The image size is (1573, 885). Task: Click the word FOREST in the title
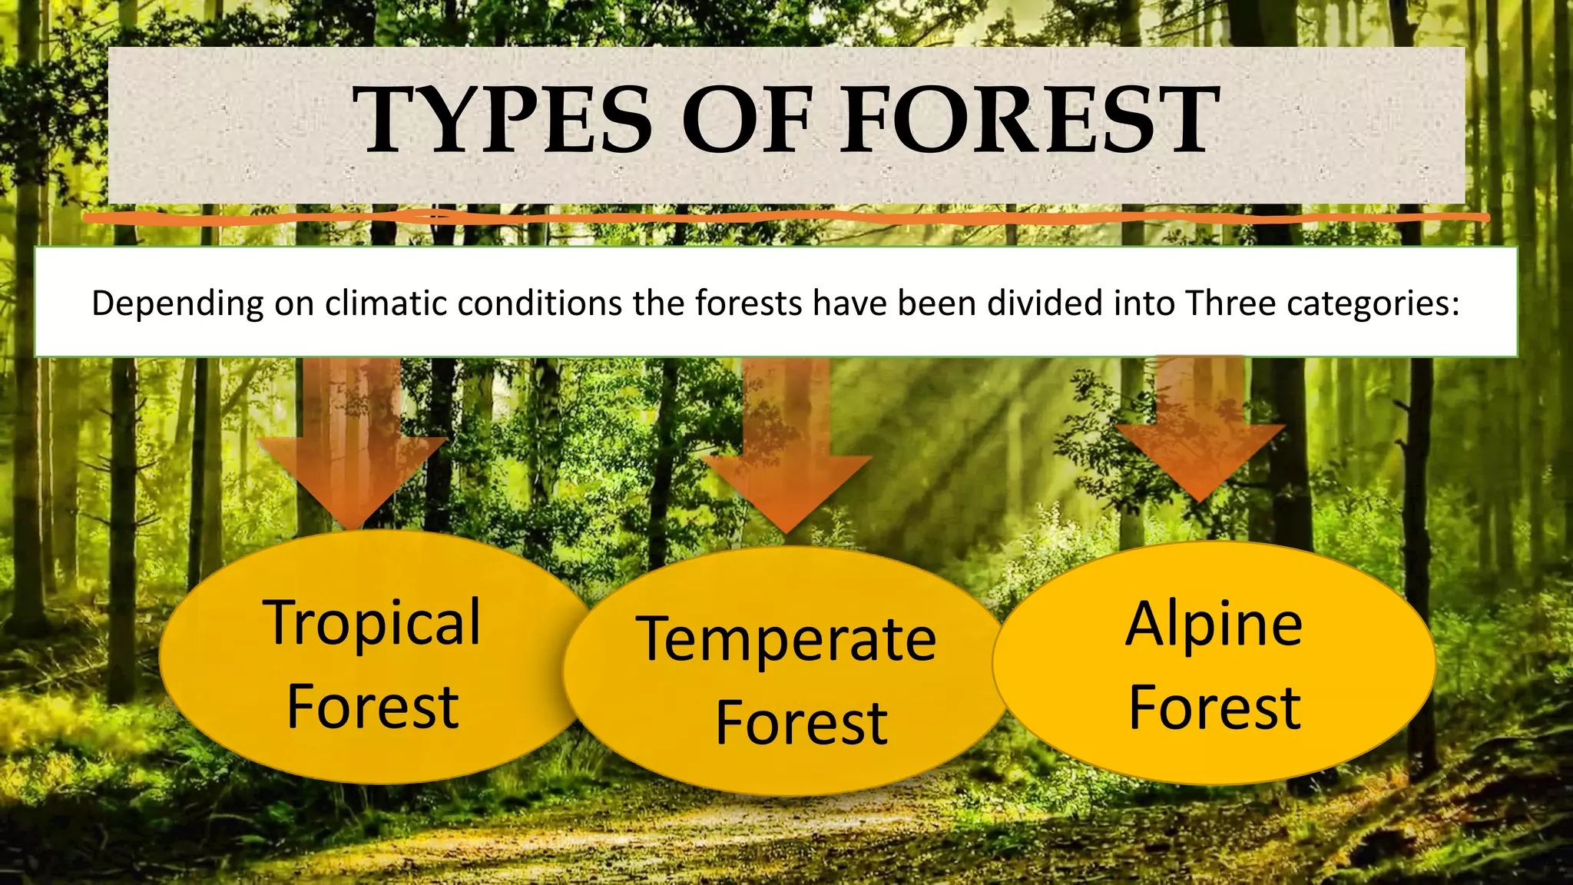[x=1029, y=121]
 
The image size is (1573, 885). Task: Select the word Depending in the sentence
[x=177, y=304]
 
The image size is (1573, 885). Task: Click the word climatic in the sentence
[x=386, y=303]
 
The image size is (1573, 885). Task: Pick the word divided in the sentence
[x=1041, y=303]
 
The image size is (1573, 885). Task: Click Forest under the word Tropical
[x=373, y=708]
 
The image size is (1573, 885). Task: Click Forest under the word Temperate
[x=801, y=724]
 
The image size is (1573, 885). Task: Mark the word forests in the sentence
[x=749, y=303]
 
